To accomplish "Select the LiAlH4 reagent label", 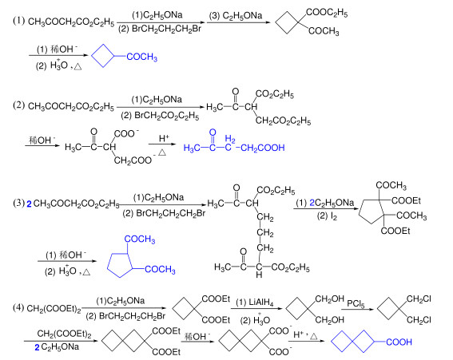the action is click(x=261, y=303).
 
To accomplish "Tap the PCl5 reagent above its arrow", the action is click(x=356, y=303).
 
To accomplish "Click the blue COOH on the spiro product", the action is click(x=399, y=342).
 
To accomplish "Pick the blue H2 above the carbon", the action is click(x=230, y=138).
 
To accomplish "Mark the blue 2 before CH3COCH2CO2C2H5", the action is click(x=29, y=204).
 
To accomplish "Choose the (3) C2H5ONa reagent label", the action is click(x=236, y=16).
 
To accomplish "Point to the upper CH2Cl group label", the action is click(x=419, y=299).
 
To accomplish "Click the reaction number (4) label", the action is click(x=18, y=308).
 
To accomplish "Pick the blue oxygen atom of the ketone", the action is click(x=213, y=133).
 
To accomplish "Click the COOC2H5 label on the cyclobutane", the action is click(x=327, y=12).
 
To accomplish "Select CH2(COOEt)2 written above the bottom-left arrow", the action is click(x=64, y=334).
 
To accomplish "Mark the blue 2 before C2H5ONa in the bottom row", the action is click(x=37, y=347).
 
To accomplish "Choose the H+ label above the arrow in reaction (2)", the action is click(x=164, y=138).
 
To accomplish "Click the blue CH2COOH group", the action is click(x=263, y=148).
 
